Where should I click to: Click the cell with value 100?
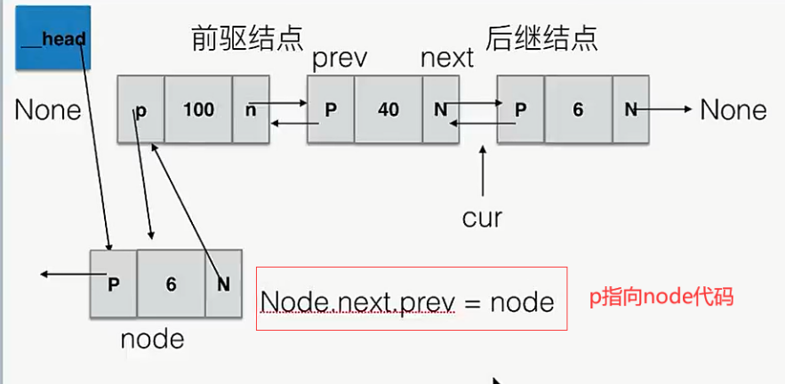(x=198, y=110)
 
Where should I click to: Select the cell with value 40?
(x=388, y=110)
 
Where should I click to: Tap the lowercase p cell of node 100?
(x=140, y=110)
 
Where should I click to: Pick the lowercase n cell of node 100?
(x=250, y=110)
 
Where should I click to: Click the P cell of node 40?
(x=331, y=110)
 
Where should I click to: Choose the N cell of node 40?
(x=439, y=110)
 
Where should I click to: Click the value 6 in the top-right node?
(x=578, y=110)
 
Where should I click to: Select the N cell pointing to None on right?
(x=630, y=110)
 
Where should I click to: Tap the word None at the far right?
(x=733, y=110)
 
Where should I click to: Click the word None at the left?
(x=48, y=110)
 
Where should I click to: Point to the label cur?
(x=482, y=216)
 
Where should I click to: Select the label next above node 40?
(x=447, y=59)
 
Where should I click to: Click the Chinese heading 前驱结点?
(x=247, y=36)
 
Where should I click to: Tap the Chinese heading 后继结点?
(x=541, y=36)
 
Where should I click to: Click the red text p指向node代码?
(x=661, y=298)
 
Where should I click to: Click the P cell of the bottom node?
(x=114, y=284)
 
